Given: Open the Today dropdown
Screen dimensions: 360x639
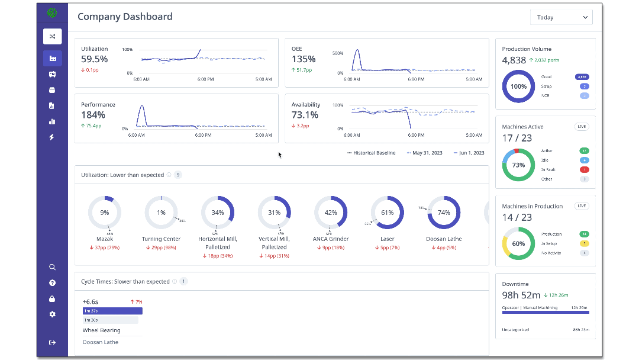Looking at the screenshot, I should (x=561, y=17).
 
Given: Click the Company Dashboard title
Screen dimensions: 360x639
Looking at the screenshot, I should (x=125, y=17).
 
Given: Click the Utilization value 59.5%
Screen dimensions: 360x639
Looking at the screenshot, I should (x=95, y=59).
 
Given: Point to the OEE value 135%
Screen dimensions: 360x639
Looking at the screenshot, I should (x=304, y=59).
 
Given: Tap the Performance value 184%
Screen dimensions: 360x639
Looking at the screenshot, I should (x=93, y=115).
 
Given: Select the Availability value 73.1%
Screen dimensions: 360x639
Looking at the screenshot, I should (x=305, y=115).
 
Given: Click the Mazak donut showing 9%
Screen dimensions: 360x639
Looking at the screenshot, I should (x=105, y=213).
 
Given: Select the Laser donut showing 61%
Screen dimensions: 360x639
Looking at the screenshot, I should (x=387, y=213).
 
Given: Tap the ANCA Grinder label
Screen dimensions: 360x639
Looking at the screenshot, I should (x=331, y=239).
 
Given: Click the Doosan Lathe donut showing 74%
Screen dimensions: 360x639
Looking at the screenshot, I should (x=444, y=213).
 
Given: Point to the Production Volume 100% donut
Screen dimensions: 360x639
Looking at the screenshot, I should (x=518, y=86).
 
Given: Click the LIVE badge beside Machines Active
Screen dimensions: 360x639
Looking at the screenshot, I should (x=582, y=127).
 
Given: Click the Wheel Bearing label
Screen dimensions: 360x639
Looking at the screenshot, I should (x=101, y=330).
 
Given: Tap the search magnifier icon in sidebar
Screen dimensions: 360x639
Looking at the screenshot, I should (x=52, y=267).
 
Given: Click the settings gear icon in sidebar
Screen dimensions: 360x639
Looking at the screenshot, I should (x=52, y=314).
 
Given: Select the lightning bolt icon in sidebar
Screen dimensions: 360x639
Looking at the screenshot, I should (x=52, y=137).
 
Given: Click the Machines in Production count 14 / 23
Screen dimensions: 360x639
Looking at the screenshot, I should (x=517, y=217).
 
